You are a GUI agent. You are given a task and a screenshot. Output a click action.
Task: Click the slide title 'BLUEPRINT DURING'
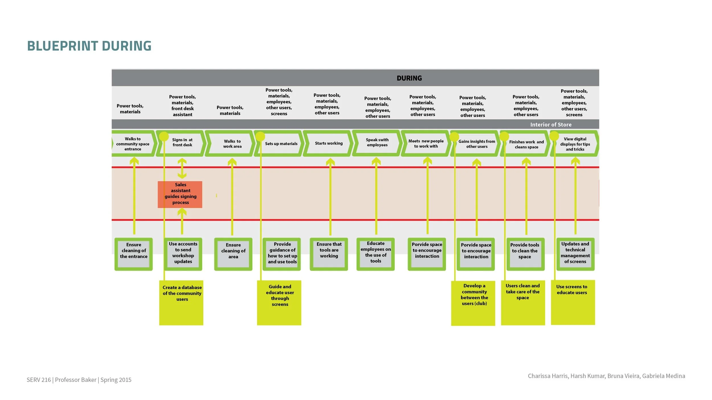click(x=89, y=46)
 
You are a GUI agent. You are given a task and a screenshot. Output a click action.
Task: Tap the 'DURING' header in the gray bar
click(x=409, y=78)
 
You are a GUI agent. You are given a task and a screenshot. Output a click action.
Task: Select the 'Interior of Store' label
click(x=551, y=125)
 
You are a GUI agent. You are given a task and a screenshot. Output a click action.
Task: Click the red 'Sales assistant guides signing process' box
click(x=180, y=194)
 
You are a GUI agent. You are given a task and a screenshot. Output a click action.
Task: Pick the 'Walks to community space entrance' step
click(x=133, y=144)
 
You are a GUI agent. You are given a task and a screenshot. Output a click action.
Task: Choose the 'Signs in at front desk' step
click(x=182, y=142)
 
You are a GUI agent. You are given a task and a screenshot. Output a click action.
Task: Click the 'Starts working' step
click(x=329, y=143)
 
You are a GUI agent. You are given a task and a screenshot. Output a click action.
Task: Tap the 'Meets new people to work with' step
click(x=426, y=143)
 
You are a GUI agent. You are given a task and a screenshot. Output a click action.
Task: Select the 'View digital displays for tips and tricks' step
click(x=575, y=144)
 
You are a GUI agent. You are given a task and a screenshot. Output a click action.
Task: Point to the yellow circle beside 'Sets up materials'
click(x=260, y=137)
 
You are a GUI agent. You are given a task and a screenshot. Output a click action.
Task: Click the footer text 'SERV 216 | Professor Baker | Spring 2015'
click(x=79, y=380)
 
